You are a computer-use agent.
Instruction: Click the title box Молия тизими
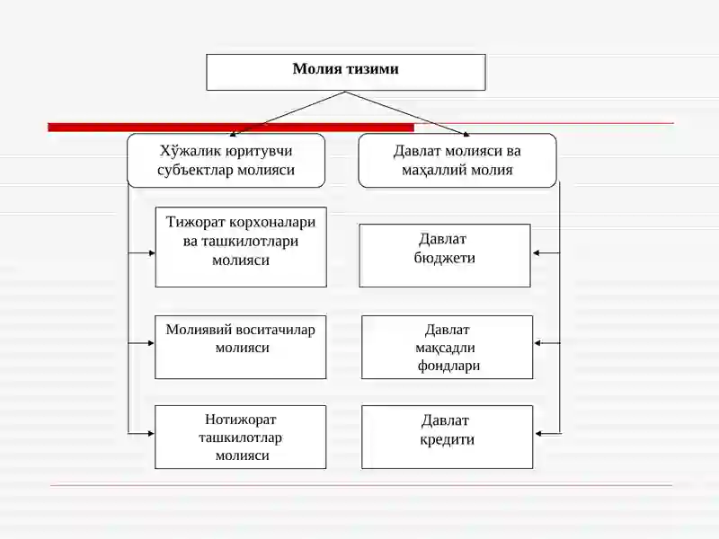tap(346, 72)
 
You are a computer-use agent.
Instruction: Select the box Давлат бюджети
tap(445, 255)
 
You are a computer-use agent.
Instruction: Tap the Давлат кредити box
tap(447, 437)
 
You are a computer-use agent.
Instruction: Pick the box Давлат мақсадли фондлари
tap(447, 347)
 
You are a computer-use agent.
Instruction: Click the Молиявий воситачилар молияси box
tap(240, 347)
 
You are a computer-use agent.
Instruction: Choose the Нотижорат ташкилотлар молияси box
tap(240, 437)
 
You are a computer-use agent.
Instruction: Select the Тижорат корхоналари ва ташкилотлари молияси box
tap(241, 247)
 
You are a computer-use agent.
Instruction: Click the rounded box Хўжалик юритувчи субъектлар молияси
tap(226, 161)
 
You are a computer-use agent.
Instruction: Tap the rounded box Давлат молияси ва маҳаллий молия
tap(457, 161)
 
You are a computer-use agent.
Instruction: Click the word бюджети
tap(444, 258)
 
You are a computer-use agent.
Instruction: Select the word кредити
tap(447, 439)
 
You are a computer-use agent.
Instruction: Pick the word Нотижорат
tap(240, 420)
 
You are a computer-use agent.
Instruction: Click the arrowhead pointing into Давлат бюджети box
tap(536, 253)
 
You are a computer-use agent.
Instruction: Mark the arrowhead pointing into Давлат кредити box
tap(538, 434)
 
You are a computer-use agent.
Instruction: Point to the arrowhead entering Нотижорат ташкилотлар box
tap(151, 434)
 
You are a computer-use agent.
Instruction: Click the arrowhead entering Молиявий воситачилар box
tap(151, 343)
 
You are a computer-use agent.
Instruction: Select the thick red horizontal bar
tap(231, 128)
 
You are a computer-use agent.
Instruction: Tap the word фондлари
tap(448, 366)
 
